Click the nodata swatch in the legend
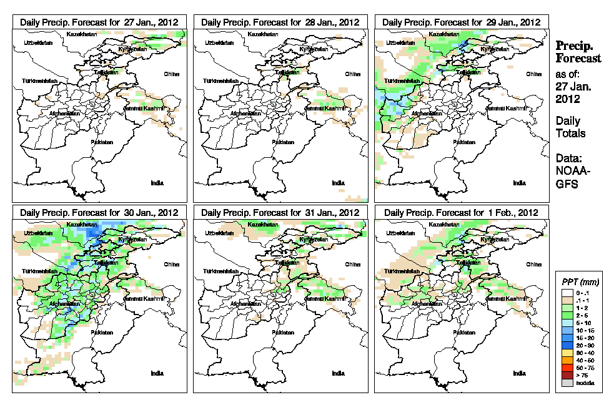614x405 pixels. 567,383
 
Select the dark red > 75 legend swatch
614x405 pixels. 567,376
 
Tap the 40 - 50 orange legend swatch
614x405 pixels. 567,360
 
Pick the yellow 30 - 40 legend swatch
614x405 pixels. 567,353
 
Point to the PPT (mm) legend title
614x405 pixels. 578,282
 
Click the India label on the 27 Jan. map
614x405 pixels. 157,182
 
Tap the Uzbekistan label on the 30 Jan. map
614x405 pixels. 36,233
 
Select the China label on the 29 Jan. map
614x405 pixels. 533,74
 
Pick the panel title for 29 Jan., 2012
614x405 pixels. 461,22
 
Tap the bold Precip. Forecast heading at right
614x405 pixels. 578,52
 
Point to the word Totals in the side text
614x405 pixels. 571,133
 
